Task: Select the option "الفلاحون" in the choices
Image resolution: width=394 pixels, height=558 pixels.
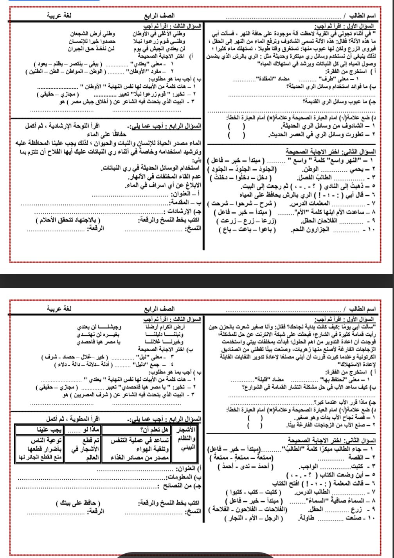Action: (x=252, y=509)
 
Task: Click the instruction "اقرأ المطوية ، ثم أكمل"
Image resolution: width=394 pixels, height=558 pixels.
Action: (x=68, y=419)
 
